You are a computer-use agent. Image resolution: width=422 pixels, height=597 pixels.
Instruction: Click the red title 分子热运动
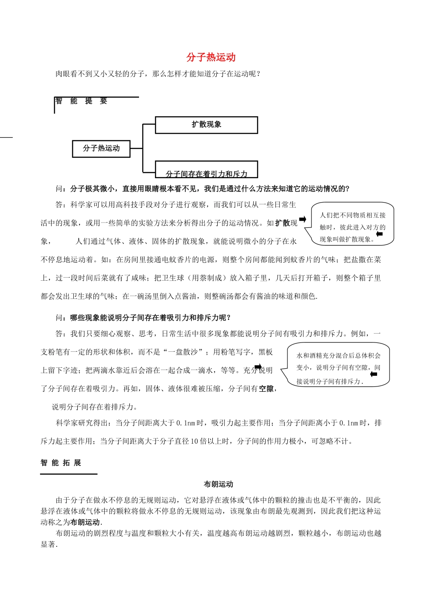tap(211, 57)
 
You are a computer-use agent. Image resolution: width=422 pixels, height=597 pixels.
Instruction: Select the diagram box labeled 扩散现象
tap(206, 125)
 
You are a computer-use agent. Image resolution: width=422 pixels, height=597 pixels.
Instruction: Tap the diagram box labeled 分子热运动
tap(101, 148)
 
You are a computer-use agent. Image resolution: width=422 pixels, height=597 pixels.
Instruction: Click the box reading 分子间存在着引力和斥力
tap(206, 171)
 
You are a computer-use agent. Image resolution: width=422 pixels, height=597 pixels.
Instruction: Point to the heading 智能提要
tap(81, 101)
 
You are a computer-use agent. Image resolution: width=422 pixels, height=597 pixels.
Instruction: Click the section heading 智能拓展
tap(61, 463)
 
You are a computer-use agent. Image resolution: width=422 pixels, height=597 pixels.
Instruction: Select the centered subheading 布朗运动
tap(219, 484)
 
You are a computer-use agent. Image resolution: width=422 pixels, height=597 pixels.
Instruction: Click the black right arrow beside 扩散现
tap(303, 219)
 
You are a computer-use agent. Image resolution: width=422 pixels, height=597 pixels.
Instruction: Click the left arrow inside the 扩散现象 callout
tap(379, 234)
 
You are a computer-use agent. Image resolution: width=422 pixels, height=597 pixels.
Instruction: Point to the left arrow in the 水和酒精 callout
tap(374, 374)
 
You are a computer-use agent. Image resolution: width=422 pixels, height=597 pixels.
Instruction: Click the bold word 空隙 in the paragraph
tap(266, 389)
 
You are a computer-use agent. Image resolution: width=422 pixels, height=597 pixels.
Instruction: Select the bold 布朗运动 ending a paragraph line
tap(85, 522)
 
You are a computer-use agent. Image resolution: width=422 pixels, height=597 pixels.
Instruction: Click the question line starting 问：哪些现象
tap(143, 318)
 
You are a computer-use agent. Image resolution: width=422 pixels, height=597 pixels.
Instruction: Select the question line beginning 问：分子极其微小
tap(203, 189)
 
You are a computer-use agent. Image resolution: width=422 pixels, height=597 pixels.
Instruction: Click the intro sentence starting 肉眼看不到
tap(158, 74)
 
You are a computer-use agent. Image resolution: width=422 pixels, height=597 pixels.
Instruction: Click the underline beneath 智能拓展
tap(68, 474)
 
